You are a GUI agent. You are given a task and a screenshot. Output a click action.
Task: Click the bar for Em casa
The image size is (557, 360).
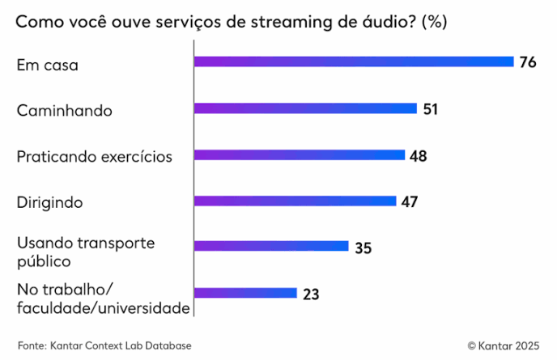[x=354, y=61]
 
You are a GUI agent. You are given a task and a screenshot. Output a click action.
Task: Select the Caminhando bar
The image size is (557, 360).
[x=305, y=108]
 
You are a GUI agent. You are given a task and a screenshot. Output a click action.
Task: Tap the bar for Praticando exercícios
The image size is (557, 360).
[x=299, y=155]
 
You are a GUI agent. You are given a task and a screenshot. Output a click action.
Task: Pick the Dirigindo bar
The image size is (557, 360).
[x=295, y=201]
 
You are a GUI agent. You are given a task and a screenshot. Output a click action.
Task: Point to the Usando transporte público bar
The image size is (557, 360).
[x=271, y=247]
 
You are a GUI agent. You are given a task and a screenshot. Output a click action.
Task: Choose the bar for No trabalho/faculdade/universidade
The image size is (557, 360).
[x=245, y=294]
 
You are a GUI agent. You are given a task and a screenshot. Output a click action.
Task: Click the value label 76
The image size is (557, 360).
[x=529, y=62]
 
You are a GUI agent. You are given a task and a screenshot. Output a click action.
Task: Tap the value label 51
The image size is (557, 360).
[x=430, y=108]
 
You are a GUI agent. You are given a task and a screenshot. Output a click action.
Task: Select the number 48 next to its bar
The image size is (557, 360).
[x=418, y=155]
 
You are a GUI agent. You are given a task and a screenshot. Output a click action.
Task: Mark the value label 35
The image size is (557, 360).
[x=363, y=248]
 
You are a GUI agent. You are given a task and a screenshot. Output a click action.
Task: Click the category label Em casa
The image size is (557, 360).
[x=47, y=66]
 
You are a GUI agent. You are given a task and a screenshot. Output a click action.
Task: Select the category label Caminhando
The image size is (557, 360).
[x=64, y=111]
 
